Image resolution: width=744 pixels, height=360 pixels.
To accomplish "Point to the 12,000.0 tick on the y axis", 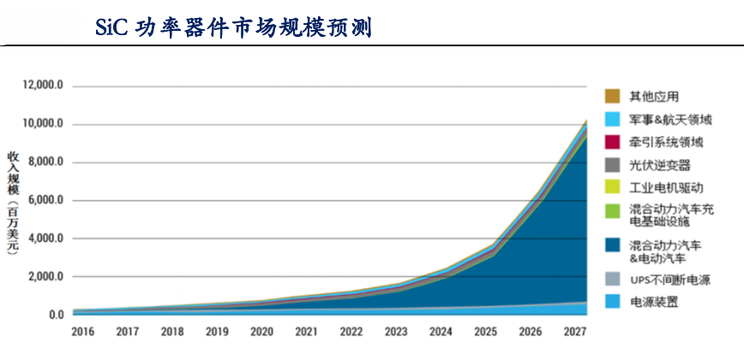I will (43, 87).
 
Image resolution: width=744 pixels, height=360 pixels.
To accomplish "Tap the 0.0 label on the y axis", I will (55, 315).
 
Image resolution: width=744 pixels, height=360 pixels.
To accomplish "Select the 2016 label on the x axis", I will (83, 332).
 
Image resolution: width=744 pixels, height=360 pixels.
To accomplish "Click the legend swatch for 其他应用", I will (612, 96).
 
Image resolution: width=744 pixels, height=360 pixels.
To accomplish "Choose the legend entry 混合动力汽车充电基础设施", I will (670, 217).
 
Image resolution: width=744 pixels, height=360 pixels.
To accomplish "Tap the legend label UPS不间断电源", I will (674, 279).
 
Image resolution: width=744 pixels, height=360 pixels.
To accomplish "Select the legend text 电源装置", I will (653, 303).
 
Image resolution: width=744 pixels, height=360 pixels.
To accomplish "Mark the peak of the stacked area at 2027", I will (585, 120).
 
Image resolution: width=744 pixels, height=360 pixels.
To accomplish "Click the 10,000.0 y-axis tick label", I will (43, 124).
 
